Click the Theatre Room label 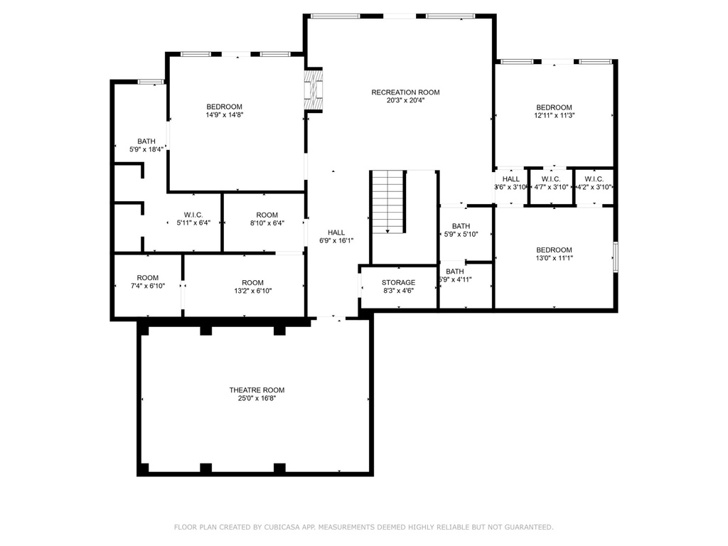coord(257,390)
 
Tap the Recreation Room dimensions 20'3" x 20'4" coord(405,101)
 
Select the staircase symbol coord(387,201)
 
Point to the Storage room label coord(398,282)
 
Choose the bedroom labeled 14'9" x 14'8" coord(224,111)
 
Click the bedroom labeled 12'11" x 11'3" coord(554,111)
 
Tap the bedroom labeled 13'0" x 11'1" coord(554,254)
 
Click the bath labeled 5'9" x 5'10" coord(460,230)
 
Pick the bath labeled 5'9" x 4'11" coord(456,275)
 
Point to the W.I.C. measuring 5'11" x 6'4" coord(194,219)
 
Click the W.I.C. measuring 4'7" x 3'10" coord(551,183)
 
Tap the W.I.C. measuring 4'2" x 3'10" coord(594,183)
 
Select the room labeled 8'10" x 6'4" coord(267,219)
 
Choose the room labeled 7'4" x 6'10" coord(148,282)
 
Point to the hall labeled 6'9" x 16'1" coord(336,237)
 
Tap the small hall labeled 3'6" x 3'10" coord(510,183)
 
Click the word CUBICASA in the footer coord(278,527)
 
